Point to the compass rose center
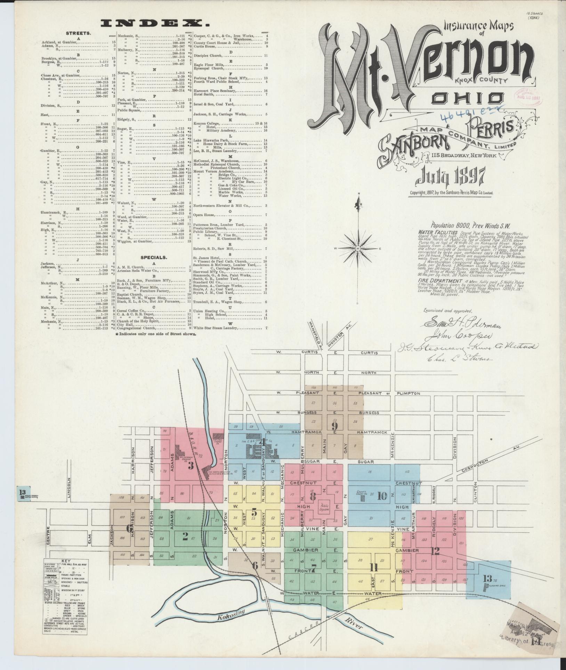point(357,249)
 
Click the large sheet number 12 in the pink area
point(435,551)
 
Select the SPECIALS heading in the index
point(154,258)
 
